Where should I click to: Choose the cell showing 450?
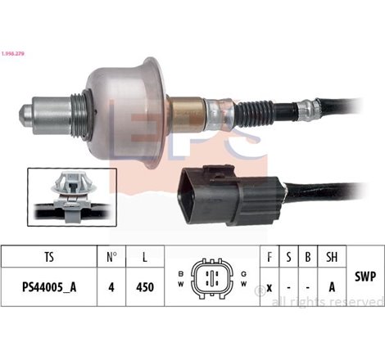point(146,288)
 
